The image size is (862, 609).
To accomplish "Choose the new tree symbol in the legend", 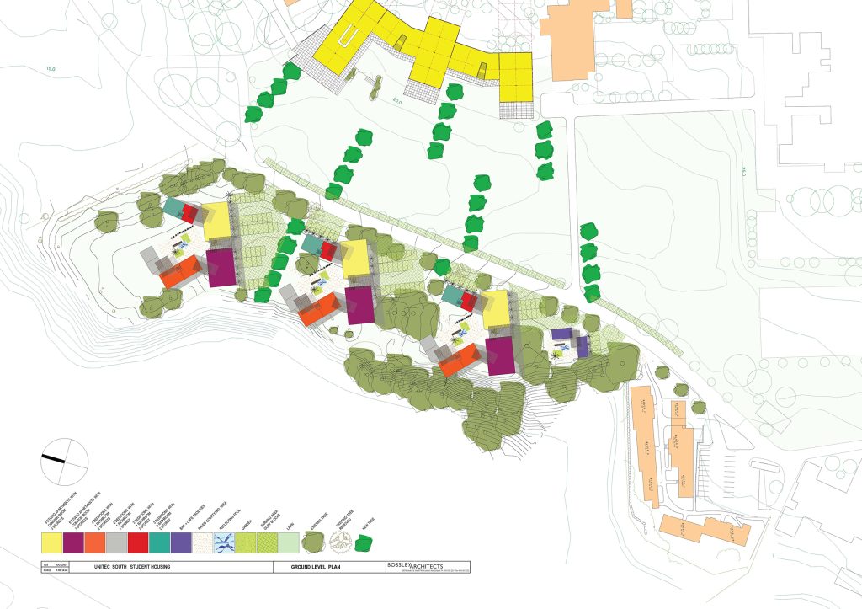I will [x=364, y=543].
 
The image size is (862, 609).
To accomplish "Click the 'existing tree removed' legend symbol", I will [x=333, y=543].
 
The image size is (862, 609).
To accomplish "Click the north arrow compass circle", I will [x=65, y=461].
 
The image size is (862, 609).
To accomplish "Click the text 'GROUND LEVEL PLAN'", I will [x=316, y=568].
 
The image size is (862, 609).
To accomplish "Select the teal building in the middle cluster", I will [x=311, y=244].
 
